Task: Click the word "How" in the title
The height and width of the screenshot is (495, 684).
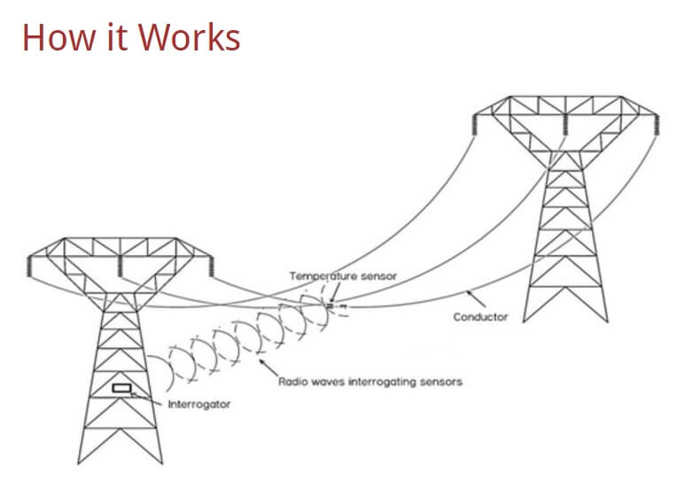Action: pos(58,37)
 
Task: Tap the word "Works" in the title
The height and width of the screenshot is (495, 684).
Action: pos(190,37)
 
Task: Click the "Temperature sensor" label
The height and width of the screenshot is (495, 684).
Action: pos(343,276)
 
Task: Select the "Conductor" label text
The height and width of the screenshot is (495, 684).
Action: pos(480,317)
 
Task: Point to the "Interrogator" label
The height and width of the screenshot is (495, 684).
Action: pos(199,405)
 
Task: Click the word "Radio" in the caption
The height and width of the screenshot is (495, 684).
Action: pos(291,382)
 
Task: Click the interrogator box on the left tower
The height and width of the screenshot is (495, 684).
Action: pos(121,388)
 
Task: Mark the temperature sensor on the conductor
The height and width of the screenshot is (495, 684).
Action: pos(330,306)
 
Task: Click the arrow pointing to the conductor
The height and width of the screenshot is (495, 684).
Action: pos(476,298)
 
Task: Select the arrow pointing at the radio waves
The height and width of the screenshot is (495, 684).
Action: pos(268,367)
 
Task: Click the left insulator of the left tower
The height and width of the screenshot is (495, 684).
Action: pos(29,266)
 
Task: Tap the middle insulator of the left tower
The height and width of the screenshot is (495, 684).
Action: pos(119,266)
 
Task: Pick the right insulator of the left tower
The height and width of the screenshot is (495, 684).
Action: pos(211,266)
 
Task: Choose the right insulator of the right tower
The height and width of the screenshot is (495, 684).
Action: pos(656,125)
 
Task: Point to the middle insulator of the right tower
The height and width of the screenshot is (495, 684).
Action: pos(565,125)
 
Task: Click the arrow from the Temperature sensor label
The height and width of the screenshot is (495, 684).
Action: pos(335,291)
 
